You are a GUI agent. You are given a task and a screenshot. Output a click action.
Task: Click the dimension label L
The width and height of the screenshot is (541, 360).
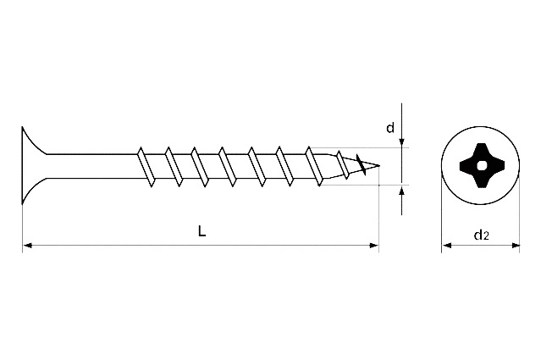coord(202,231)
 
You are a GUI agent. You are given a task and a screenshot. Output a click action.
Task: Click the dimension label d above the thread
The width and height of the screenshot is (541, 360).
coord(390,128)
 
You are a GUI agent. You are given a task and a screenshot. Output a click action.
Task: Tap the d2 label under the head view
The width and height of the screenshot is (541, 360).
coord(481,235)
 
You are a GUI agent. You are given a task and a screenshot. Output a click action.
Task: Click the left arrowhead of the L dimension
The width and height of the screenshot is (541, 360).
coord(27,246)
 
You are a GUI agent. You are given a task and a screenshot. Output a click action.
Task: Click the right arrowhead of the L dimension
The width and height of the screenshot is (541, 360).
coord(374,246)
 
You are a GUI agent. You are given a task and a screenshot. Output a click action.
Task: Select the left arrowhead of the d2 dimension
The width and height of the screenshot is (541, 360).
coord(447,246)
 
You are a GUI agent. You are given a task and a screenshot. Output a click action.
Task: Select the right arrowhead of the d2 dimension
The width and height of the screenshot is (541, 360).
coord(515,246)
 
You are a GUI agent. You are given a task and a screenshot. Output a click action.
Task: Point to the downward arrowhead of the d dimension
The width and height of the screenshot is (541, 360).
coord(401,143)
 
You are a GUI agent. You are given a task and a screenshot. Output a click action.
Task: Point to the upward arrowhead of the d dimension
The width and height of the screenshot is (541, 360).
coord(401,191)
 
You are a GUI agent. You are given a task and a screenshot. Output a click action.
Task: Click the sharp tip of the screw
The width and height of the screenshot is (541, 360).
coord(379,166)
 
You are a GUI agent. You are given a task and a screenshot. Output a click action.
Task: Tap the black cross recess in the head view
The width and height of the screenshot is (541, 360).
coord(480,166)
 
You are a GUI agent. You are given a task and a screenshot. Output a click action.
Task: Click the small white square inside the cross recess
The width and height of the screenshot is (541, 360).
coord(480,166)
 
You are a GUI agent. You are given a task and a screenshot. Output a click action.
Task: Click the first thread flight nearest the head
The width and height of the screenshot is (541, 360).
coord(146,167)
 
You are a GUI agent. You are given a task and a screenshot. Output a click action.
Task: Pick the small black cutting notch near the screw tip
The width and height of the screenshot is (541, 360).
coord(361,164)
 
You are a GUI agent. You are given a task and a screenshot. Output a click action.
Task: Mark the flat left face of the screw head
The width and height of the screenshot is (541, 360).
coord(22,165)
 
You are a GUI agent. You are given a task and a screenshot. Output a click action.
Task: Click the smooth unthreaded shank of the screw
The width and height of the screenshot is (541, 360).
coord(92,166)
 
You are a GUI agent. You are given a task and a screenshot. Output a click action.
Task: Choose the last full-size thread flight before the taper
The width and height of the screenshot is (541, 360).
coord(314,166)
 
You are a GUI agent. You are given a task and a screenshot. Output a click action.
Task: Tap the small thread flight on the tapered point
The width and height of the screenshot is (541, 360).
coord(343,164)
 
